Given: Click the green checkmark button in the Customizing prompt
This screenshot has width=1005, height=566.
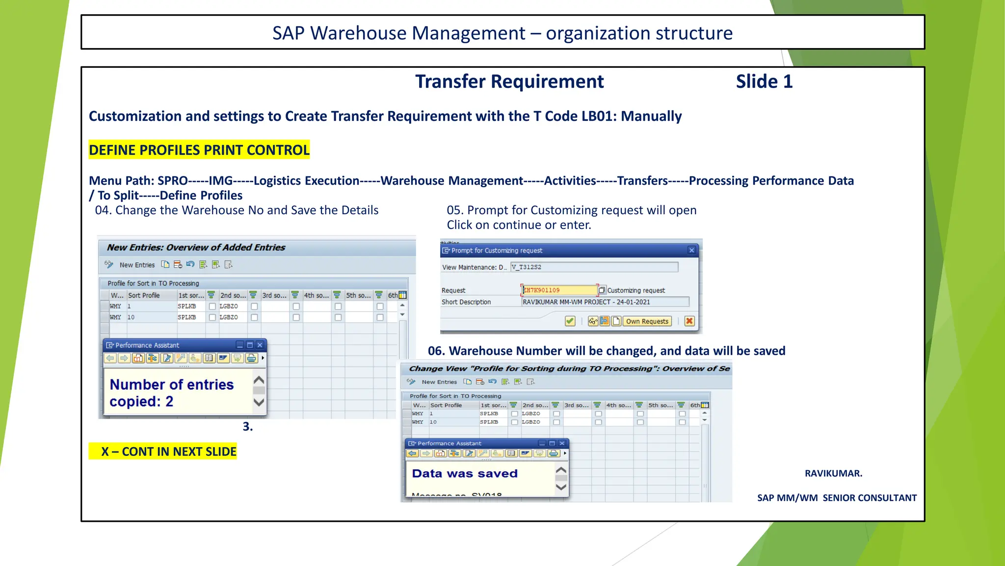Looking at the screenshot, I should point(570,321).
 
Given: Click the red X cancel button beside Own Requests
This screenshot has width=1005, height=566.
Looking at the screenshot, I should point(689,321).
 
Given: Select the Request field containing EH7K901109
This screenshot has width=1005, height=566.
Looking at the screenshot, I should point(559,290).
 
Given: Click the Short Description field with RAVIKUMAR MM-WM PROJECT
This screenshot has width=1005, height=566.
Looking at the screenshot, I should point(605,302).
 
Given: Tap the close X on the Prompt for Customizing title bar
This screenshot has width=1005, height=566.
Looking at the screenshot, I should point(691,251).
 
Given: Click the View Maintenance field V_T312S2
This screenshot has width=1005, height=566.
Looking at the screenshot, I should point(594,267).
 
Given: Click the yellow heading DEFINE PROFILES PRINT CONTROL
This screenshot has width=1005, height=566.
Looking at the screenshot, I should point(199,150).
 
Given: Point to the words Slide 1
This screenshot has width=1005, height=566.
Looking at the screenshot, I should point(764,82).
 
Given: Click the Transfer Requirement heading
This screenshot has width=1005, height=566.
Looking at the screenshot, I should point(509,82).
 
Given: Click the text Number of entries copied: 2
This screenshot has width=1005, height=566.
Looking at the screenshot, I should point(171,393).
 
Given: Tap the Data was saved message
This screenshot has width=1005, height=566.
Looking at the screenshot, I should point(465,474).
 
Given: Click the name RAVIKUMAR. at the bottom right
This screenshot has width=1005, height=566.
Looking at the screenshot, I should point(833,474).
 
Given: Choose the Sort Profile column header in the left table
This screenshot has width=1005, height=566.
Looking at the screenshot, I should point(144,296).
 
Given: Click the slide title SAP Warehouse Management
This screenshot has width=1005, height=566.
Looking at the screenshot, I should point(502,33).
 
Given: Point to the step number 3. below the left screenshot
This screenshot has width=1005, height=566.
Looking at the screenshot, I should point(248,426).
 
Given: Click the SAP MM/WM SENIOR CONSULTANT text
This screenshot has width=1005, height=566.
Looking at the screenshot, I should point(837,498).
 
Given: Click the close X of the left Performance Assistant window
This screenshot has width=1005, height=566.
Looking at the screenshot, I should point(260,345).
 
